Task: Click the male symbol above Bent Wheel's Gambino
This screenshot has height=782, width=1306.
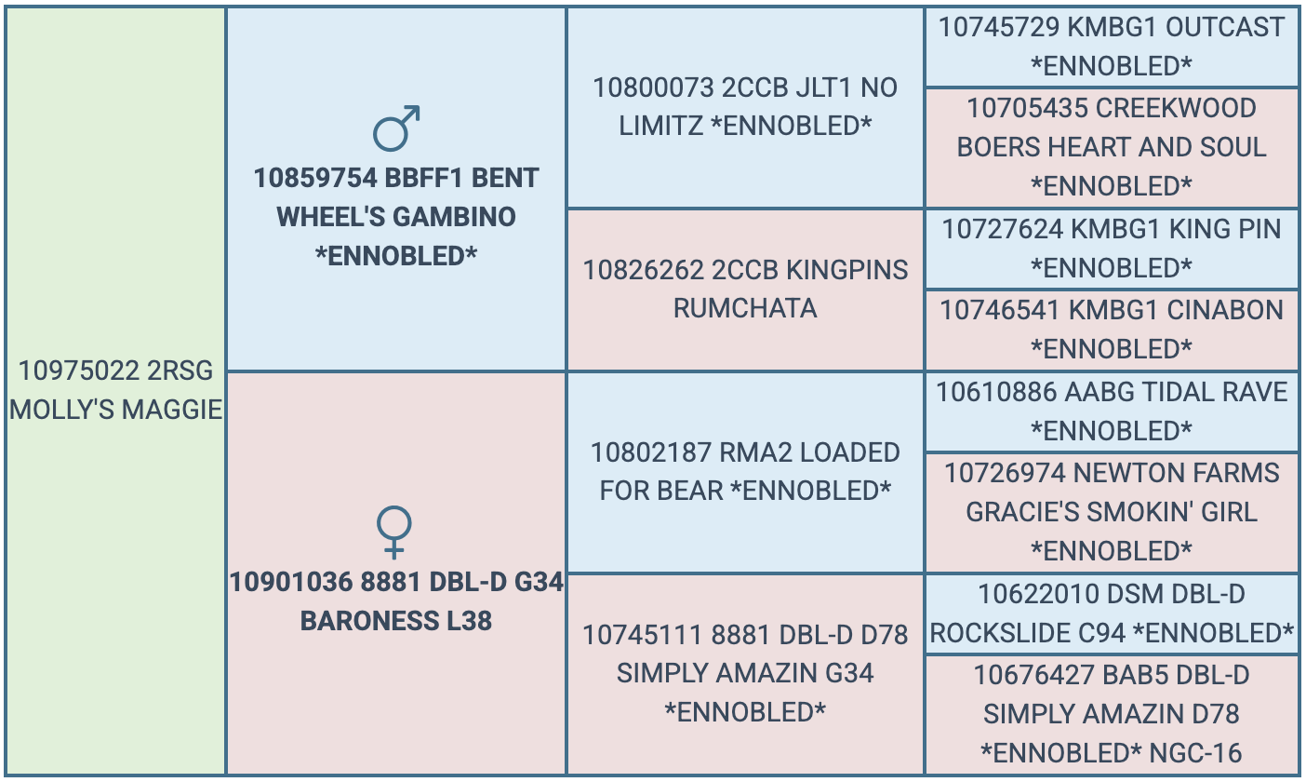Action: [x=396, y=129]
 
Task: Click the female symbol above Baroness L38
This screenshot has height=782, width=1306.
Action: [x=394, y=532]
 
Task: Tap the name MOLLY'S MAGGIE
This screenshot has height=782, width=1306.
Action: [x=116, y=410]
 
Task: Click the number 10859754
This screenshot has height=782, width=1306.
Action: [x=315, y=178]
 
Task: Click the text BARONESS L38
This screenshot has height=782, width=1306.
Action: [x=396, y=621]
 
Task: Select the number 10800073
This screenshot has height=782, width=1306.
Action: [x=654, y=88]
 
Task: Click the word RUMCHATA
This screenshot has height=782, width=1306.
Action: [x=745, y=309]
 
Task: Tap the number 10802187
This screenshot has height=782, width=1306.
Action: [x=651, y=452]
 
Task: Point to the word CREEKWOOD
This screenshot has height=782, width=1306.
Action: [x=1176, y=109]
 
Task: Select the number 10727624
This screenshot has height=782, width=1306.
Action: [x=1003, y=229]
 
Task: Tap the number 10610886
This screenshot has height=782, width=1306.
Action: [x=996, y=392]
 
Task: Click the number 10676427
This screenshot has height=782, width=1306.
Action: [x=1034, y=676]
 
